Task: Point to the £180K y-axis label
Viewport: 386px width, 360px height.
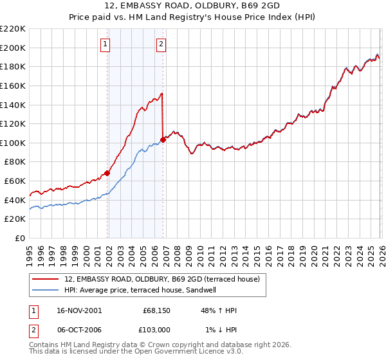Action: tap(14, 66)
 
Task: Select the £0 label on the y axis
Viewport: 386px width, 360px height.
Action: tap(21, 238)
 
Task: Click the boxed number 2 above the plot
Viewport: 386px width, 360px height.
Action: tap(161, 44)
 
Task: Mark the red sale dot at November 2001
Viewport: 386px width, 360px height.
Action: tap(107, 172)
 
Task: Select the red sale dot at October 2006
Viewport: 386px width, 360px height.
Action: tap(163, 139)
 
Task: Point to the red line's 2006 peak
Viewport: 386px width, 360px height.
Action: tap(161, 94)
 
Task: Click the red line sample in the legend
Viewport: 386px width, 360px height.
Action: tap(46, 279)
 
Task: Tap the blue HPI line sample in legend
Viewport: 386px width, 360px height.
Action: tap(46, 290)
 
